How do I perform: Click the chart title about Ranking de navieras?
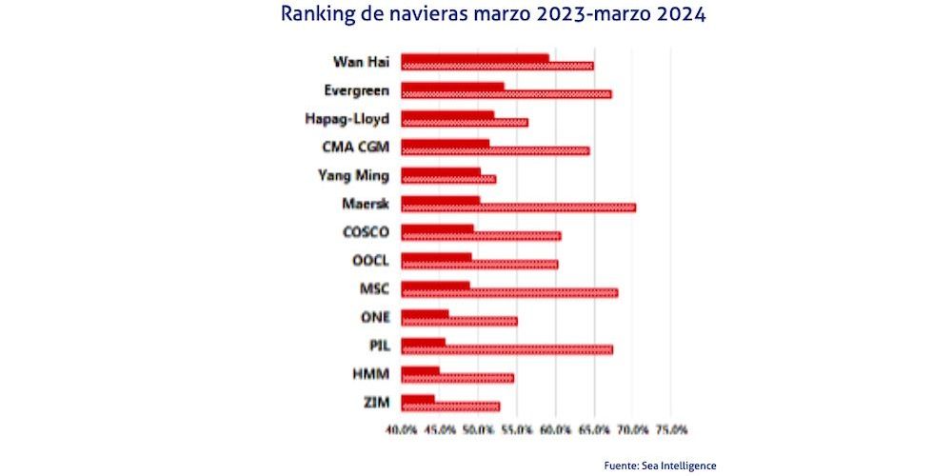click(494, 16)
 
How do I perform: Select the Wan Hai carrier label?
click(360, 63)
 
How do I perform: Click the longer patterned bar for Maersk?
click(518, 207)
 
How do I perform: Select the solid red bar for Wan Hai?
click(474, 58)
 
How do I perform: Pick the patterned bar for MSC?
click(509, 292)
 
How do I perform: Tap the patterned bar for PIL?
click(506, 349)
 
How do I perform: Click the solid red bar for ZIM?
click(417, 399)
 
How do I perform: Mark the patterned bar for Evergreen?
click(506, 93)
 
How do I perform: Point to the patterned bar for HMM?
click(457, 378)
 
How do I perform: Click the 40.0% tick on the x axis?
click(401, 430)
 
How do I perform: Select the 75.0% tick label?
click(671, 430)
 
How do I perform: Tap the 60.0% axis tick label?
click(555, 430)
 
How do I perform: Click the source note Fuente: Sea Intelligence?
click(660, 466)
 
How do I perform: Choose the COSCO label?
click(366, 232)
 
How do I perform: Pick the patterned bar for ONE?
click(459, 321)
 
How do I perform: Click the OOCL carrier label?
click(370, 260)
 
